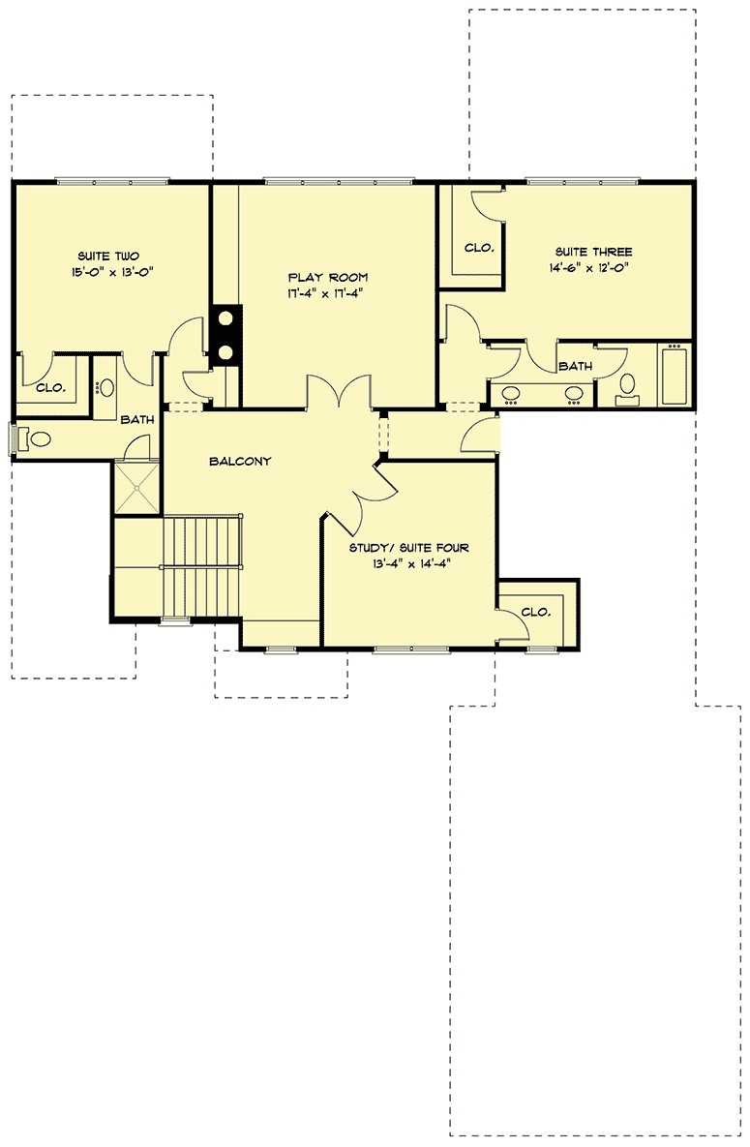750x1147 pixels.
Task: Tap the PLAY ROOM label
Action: coord(327,278)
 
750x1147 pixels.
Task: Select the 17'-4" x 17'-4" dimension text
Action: coord(327,293)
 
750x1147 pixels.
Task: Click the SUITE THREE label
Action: coord(594,252)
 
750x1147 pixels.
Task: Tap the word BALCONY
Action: coord(240,462)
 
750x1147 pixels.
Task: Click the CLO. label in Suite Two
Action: coord(50,388)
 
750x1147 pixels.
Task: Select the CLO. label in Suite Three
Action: coord(479,248)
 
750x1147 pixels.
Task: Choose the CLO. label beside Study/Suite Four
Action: coord(535,612)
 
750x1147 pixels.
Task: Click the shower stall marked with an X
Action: coord(136,491)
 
